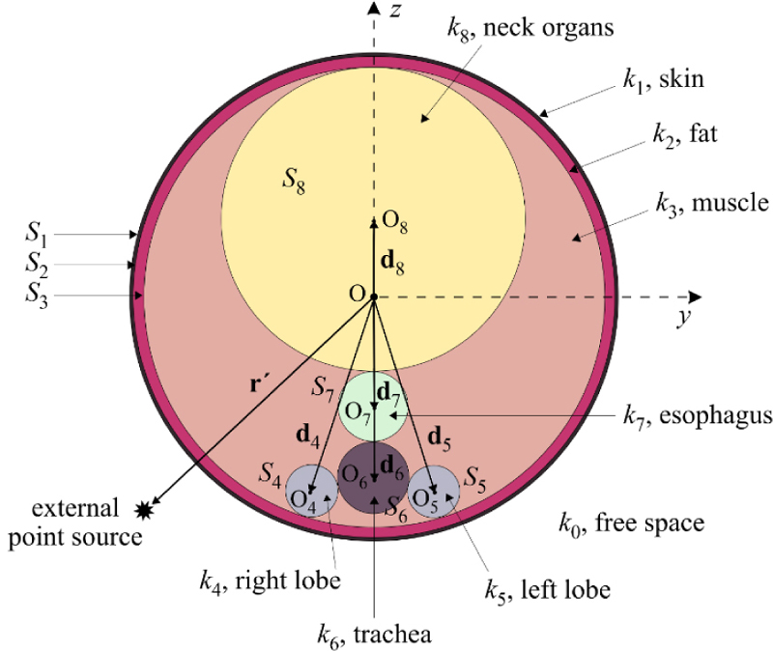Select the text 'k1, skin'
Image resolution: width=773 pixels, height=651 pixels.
pos(662,79)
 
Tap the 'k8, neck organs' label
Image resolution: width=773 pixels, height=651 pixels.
pos(530,27)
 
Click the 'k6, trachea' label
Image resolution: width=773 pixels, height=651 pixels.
pos(374,634)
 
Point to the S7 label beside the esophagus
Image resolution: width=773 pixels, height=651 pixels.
pos(324,387)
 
